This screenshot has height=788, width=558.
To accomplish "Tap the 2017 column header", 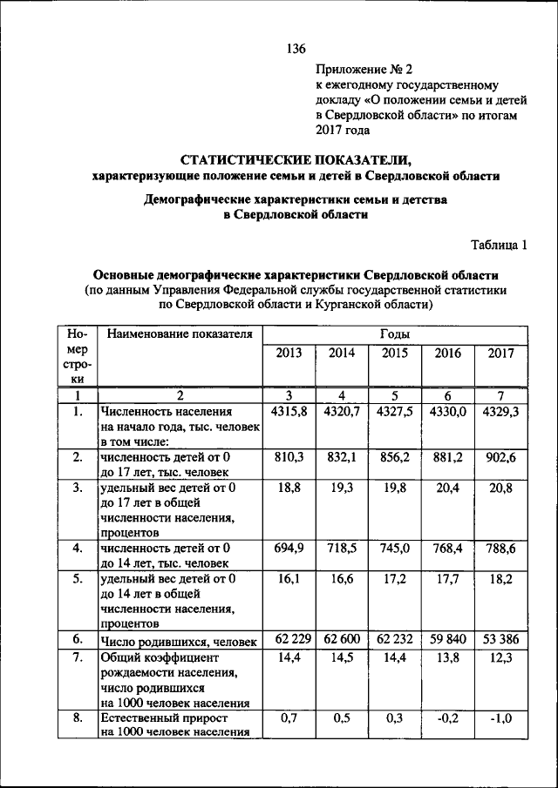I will click(x=500, y=354).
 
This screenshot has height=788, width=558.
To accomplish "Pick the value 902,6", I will click(x=500, y=457).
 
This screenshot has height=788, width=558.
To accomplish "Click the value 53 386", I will click(x=500, y=640).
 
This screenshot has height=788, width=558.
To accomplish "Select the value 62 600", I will click(x=342, y=640).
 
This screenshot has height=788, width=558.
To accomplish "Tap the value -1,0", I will click(x=500, y=718).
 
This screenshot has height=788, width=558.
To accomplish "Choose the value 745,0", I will click(x=395, y=549).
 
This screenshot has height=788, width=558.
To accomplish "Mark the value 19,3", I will click(x=342, y=489).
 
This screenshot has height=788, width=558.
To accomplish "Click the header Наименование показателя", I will click(x=177, y=333).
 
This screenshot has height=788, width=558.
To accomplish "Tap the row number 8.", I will click(x=78, y=718).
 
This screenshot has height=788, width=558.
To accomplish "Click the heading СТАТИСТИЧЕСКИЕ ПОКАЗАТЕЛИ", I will click(x=295, y=159).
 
